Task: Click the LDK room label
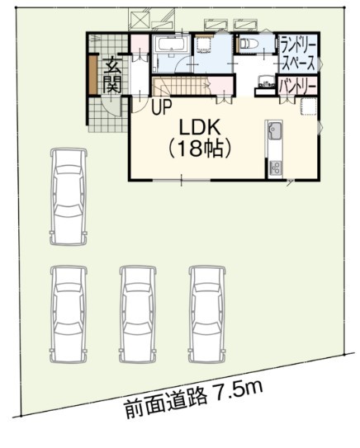[200, 127]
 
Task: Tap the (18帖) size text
[200, 149]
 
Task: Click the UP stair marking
[162, 107]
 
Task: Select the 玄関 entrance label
[112, 75]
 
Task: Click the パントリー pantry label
[298, 86]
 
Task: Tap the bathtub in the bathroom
[172, 45]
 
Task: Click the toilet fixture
[249, 44]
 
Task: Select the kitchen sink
[274, 130]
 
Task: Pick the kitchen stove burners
[275, 167]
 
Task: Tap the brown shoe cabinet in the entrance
[93, 74]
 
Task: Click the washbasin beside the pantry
[265, 82]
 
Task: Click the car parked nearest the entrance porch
[69, 196]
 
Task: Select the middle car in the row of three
[138, 314]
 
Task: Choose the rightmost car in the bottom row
[207, 314]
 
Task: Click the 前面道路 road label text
[167, 401]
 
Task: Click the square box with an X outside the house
[139, 18]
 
